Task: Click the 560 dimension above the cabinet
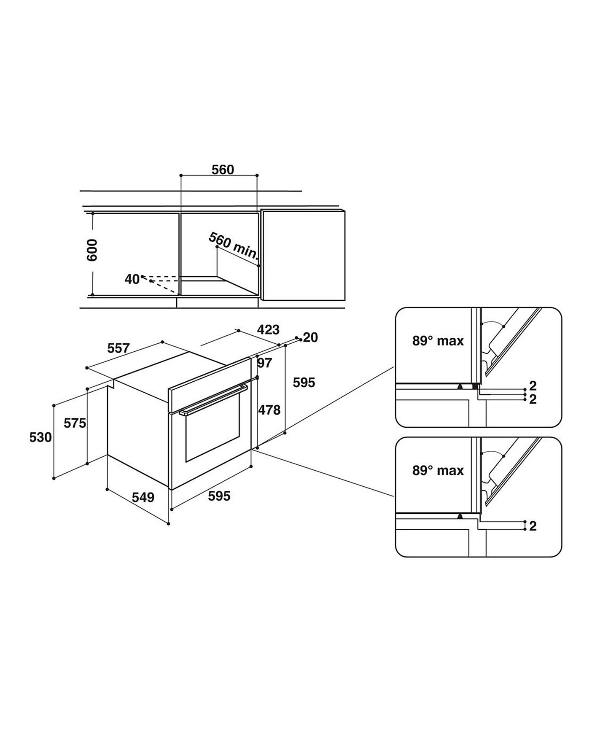point(223,170)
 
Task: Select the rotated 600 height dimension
point(92,250)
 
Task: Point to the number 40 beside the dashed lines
point(132,279)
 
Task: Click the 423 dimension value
point(268,329)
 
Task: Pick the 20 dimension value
point(311,337)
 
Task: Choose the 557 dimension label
point(118,348)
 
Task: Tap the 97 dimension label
point(265,363)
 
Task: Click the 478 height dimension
point(269,410)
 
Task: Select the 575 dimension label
point(75,423)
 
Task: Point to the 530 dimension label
point(40,437)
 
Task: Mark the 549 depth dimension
point(143,498)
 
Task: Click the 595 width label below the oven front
point(219,496)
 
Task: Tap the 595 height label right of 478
point(304,383)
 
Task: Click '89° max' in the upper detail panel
point(438,341)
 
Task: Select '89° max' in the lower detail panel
point(438,470)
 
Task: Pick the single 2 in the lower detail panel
point(533,526)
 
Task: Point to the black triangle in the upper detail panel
point(460,386)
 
